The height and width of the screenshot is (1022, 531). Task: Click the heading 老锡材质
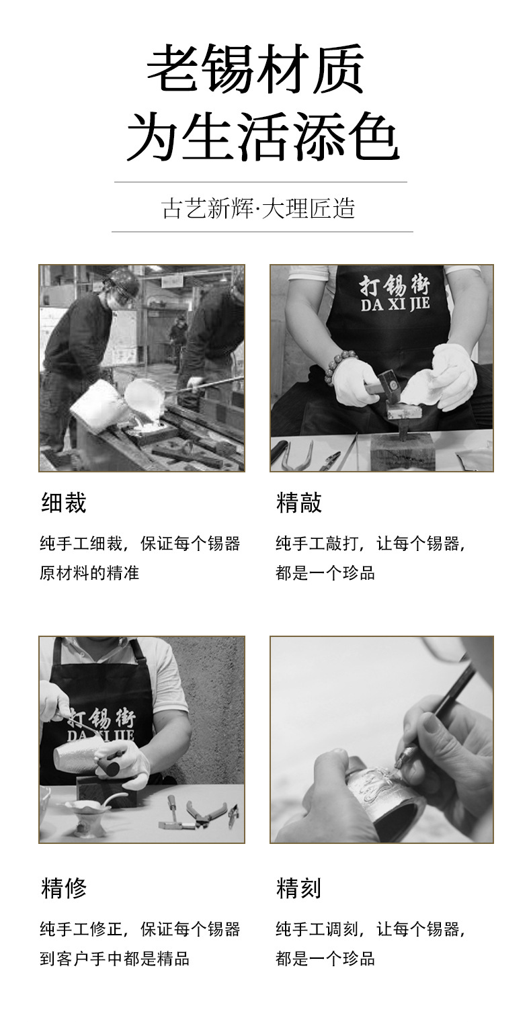point(255,69)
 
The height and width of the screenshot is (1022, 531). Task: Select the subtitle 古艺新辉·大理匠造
point(258,208)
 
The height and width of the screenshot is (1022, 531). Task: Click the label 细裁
point(63,503)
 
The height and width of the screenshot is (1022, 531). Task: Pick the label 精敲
point(299,503)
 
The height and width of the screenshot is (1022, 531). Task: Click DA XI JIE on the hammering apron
point(395,304)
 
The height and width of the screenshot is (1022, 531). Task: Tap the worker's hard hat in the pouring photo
point(122,281)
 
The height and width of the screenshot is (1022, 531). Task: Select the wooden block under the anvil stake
point(402,452)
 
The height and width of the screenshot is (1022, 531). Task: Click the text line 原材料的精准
point(89,572)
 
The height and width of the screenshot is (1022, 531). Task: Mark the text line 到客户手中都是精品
point(114,959)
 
